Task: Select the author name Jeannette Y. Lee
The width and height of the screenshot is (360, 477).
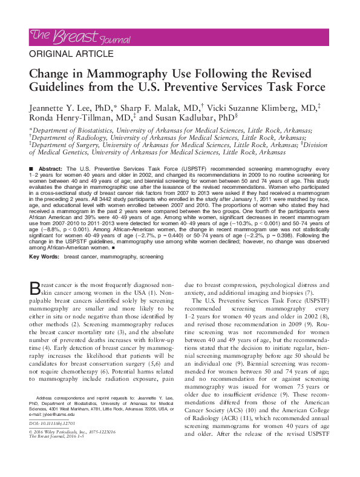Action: (65, 107)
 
